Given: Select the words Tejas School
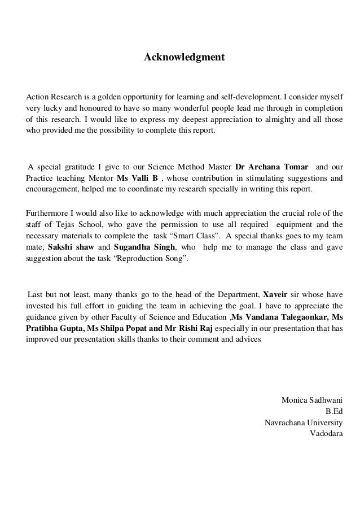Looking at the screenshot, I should (x=69, y=225).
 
